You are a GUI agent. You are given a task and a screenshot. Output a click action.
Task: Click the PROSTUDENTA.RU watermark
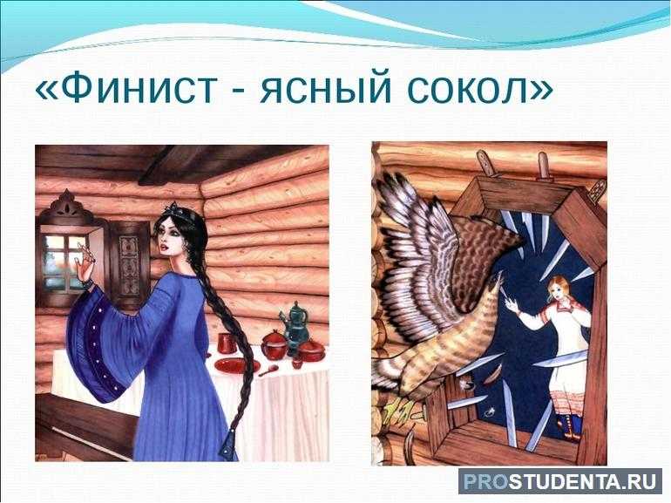[x=559, y=481]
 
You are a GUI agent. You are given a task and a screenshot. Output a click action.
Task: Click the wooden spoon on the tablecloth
[x=268, y=370]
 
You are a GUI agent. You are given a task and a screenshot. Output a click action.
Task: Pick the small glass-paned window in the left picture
[x=64, y=262]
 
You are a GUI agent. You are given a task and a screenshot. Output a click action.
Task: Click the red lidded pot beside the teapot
[x=274, y=343]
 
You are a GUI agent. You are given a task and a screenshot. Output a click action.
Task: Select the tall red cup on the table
[x=226, y=343]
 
